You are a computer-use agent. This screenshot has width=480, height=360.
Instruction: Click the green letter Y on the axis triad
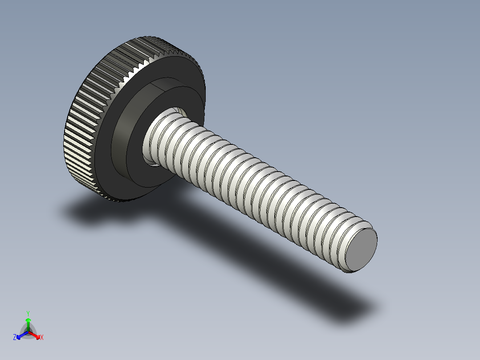tap(28, 313)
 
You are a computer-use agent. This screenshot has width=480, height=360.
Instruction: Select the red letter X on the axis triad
tap(42, 338)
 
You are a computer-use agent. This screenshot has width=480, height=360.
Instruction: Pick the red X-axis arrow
tap(36, 335)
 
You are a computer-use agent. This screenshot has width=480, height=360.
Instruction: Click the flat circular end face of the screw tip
tap(362, 250)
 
